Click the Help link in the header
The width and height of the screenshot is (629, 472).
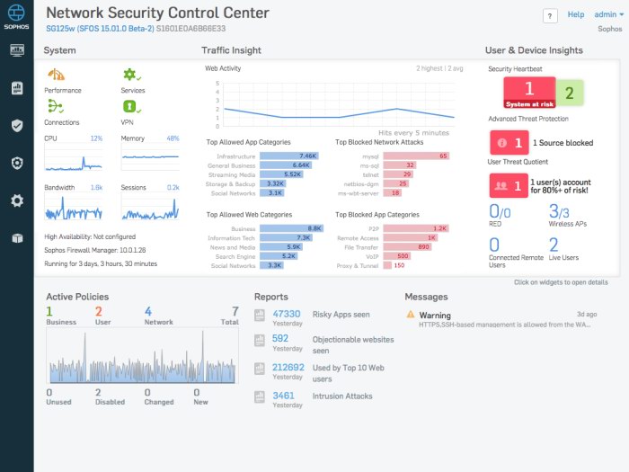click(x=575, y=14)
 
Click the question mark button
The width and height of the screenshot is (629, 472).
click(x=550, y=16)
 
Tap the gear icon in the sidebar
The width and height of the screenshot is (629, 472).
click(x=16, y=200)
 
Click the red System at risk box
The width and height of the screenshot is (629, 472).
click(x=528, y=92)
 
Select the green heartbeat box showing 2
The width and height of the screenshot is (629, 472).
click(x=568, y=93)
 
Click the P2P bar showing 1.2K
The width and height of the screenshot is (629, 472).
click(x=416, y=228)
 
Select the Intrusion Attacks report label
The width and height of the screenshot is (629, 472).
click(x=342, y=396)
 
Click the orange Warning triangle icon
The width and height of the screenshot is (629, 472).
click(x=411, y=315)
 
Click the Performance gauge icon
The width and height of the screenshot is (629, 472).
click(x=56, y=76)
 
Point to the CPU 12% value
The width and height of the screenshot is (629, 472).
click(x=96, y=138)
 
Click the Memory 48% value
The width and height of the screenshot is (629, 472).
click(x=173, y=138)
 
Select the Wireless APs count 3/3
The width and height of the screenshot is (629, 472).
click(x=559, y=212)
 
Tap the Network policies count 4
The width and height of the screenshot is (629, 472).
click(x=147, y=311)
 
